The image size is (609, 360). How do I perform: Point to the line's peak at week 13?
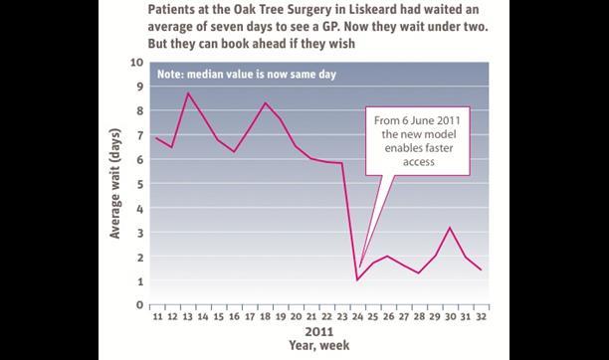(188, 93)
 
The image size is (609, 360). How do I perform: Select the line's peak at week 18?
(266, 103)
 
